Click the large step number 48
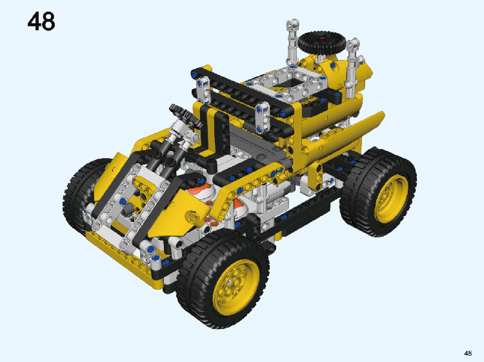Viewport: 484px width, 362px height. [x=41, y=21]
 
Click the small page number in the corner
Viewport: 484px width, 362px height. [x=468, y=353]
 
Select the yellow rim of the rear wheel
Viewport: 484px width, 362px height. [x=391, y=199]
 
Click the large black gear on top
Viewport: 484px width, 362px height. [x=321, y=42]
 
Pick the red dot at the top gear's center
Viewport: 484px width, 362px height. [x=322, y=38]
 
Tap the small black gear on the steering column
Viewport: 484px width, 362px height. [x=185, y=116]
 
